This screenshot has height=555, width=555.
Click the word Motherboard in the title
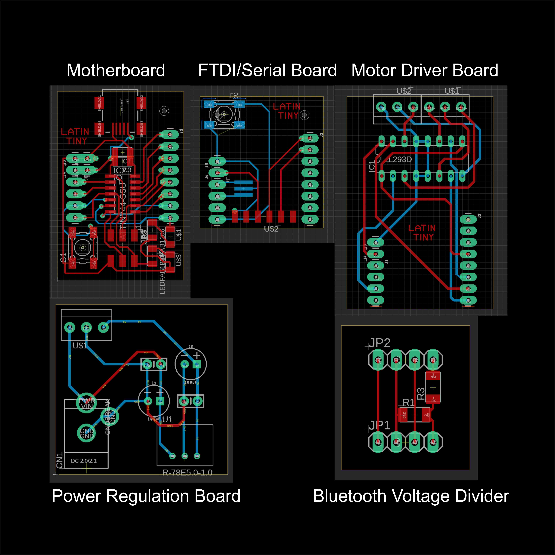coord(116,70)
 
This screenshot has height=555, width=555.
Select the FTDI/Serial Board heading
coord(267,70)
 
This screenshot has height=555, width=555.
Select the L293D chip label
coord(400,159)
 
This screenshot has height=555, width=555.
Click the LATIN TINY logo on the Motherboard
coord(75,136)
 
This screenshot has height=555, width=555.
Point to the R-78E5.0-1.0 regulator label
coord(187,473)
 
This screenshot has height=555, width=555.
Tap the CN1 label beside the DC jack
coord(60,460)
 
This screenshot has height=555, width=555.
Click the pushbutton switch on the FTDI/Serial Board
coord(224,115)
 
